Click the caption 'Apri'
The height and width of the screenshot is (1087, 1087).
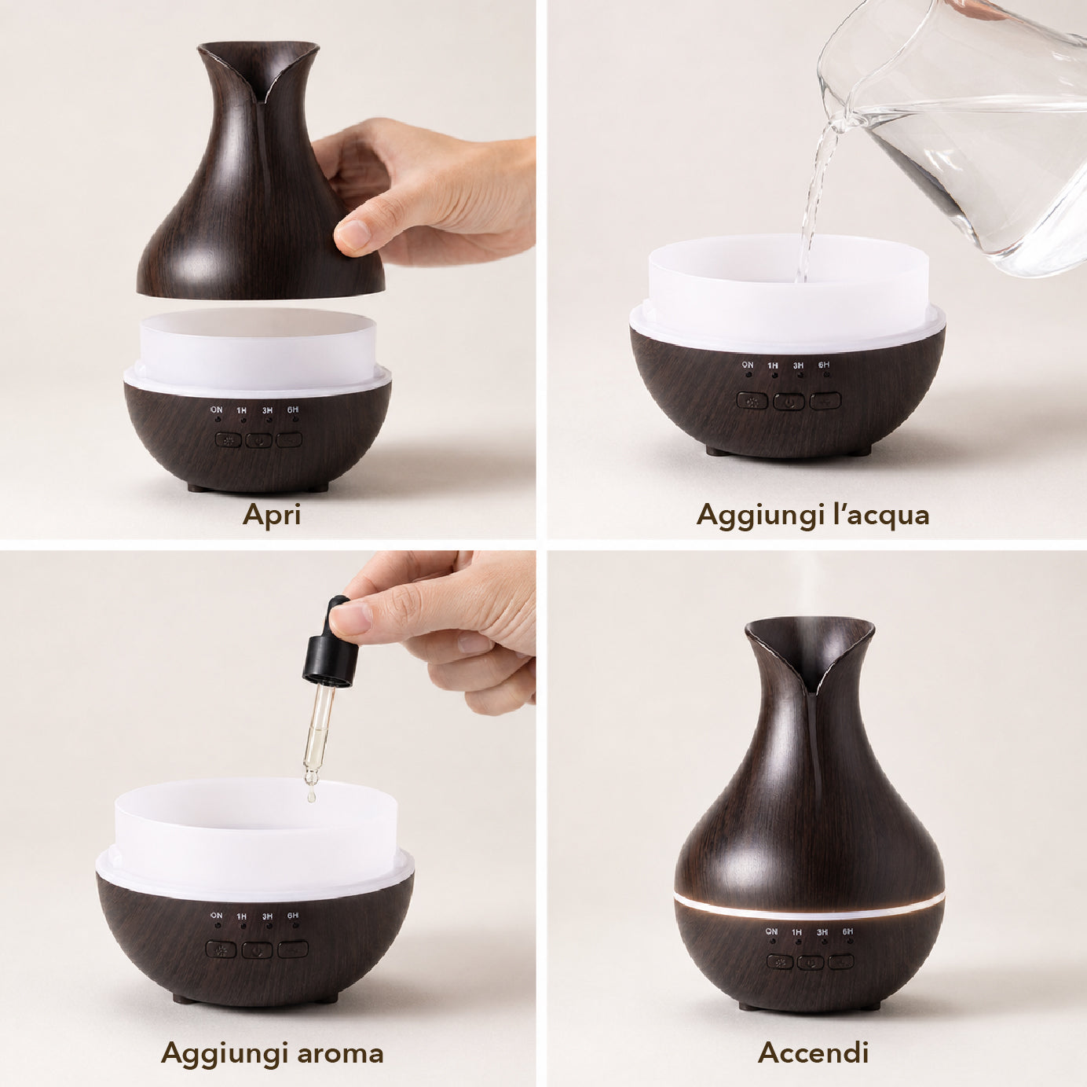click(271, 516)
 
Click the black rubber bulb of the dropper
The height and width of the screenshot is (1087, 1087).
click(332, 643)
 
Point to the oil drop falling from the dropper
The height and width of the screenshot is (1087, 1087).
click(311, 797)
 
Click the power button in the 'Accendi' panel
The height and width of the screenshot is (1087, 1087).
click(811, 962)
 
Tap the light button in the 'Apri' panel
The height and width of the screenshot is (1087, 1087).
click(229, 440)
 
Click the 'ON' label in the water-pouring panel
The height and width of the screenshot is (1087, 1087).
click(748, 365)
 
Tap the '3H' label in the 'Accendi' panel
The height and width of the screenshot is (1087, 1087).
click(822, 931)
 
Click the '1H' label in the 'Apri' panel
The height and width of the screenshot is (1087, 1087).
click(241, 410)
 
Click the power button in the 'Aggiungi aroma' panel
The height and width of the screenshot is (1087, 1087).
click(258, 950)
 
